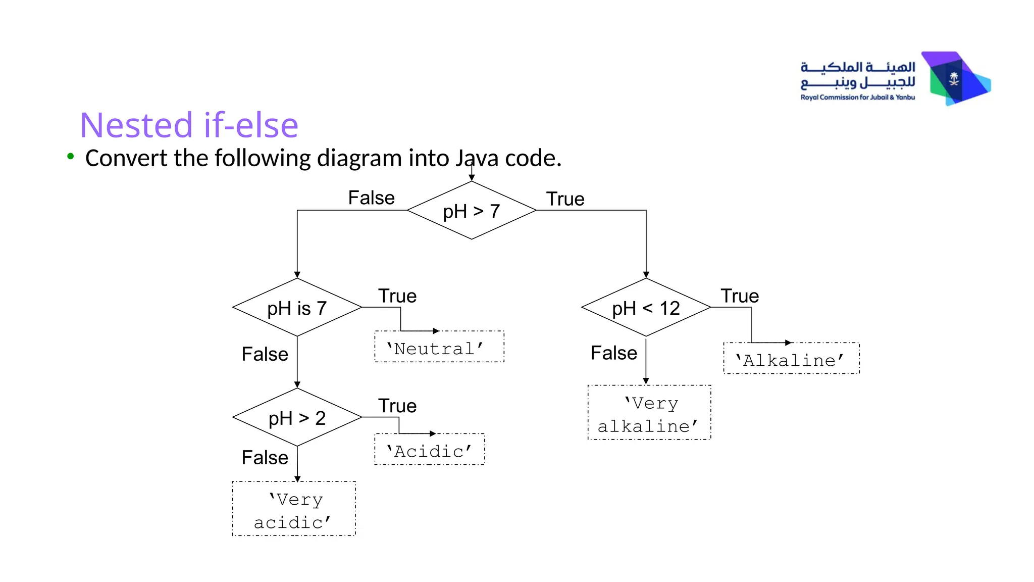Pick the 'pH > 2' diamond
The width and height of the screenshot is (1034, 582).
(x=297, y=417)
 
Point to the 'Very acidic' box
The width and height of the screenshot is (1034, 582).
(x=294, y=509)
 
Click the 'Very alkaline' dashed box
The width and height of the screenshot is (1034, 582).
(x=649, y=413)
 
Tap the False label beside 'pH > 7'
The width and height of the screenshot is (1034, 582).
(x=371, y=198)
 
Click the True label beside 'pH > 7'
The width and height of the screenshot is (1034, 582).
(x=565, y=199)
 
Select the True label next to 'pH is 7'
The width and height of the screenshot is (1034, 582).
(x=397, y=296)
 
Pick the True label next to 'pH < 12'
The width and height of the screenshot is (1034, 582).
(x=740, y=296)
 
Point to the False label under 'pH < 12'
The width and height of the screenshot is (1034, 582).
(x=613, y=353)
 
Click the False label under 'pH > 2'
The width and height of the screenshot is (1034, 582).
(x=265, y=458)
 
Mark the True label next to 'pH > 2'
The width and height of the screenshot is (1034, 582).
(x=397, y=406)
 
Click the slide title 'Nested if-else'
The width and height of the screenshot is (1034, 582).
(x=189, y=125)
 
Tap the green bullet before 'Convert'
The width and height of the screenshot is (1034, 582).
(x=71, y=157)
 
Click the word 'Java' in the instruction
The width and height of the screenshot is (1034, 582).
(x=477, y=158)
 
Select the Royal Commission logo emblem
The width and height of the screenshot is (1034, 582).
(x=956, y=79)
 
